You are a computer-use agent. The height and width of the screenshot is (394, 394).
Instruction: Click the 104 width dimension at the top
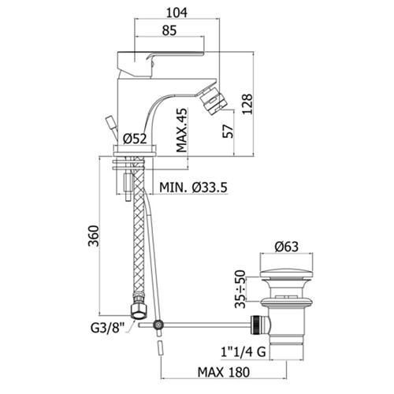177,13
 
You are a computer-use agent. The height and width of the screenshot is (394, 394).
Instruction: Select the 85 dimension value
169,31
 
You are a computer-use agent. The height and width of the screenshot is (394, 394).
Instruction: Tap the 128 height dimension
247,104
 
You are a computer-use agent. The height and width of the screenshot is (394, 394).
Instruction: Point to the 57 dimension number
228,131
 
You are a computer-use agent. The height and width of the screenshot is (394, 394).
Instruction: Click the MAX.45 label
182,130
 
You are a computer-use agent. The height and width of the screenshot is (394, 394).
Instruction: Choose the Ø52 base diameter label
136,139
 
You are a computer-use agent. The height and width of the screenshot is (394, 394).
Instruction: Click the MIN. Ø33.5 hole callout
193,188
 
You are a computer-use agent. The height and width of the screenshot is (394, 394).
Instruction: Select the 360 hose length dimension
94,236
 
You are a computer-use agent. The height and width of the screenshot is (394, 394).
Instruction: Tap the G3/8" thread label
107,328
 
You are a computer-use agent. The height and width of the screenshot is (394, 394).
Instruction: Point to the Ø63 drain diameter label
287,247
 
